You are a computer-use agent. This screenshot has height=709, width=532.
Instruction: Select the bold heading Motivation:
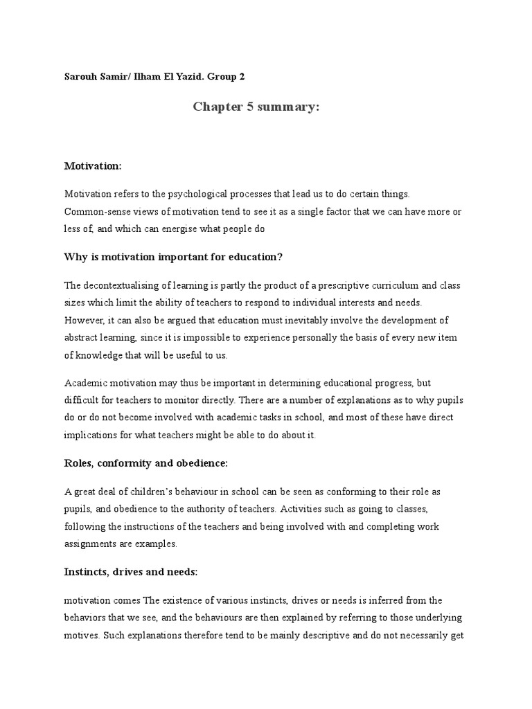pos(93,166)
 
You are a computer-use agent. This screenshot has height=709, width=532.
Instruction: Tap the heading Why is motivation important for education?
pos(173,257)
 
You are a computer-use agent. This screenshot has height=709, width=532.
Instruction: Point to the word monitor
pos(203,399)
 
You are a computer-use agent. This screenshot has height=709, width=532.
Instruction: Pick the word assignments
pos(92,544)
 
